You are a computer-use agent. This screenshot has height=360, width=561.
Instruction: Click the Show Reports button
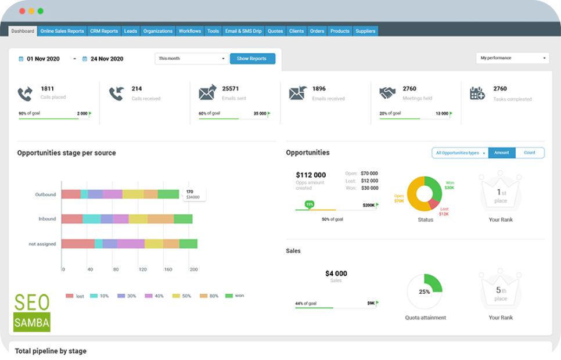252,59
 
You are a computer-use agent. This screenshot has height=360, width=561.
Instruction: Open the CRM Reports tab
104,31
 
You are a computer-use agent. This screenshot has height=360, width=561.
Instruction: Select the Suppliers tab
365,31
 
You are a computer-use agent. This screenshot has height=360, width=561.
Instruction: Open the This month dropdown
192,59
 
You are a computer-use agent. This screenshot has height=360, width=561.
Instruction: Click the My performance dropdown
512,58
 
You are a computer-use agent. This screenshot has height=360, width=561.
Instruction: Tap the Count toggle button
529,153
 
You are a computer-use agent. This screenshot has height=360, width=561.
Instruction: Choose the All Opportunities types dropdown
459,153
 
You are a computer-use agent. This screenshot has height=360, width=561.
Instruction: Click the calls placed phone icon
25,93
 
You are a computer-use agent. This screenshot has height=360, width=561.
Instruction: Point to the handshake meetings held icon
387,93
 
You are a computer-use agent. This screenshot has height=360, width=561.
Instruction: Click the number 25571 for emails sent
231,89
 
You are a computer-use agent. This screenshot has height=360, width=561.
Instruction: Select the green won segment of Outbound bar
168,195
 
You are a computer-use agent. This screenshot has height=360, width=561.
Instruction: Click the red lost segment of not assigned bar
78,244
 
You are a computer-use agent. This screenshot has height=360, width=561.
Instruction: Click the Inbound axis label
47,219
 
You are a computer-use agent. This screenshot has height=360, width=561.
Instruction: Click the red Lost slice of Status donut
434,204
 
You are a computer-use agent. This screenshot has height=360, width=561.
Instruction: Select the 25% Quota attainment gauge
425,291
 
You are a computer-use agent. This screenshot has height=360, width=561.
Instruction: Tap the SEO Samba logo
32,312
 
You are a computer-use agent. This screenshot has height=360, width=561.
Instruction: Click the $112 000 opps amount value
311,175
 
